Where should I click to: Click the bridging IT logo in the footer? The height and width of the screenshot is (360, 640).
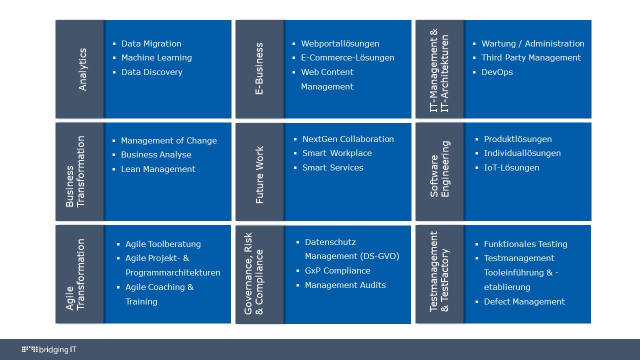49,349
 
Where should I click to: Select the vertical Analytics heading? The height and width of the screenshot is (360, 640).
82,69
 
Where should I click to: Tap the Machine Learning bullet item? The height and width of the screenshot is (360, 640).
156,57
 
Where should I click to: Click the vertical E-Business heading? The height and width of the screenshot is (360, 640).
259,68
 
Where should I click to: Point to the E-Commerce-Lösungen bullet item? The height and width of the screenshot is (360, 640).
347,57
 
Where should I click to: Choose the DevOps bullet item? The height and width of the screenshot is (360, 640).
497,72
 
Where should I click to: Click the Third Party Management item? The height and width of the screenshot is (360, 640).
531,57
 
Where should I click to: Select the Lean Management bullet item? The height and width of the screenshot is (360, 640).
158,169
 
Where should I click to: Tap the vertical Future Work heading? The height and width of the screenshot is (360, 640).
259,175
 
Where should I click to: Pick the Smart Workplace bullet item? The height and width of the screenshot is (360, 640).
337,153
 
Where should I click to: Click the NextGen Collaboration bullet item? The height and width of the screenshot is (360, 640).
348,139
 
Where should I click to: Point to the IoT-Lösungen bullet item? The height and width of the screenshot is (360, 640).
511,167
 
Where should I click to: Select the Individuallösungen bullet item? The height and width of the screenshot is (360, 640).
522,153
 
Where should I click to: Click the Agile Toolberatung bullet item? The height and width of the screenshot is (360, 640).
163,244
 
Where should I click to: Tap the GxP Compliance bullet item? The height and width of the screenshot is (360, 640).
337,270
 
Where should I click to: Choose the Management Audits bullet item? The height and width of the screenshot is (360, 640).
345,285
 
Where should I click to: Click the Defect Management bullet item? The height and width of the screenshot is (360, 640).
524,301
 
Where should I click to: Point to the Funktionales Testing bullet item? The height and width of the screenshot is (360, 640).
525,244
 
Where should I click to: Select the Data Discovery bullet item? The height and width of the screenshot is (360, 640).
151,72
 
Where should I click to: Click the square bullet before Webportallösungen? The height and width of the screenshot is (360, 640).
293,43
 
